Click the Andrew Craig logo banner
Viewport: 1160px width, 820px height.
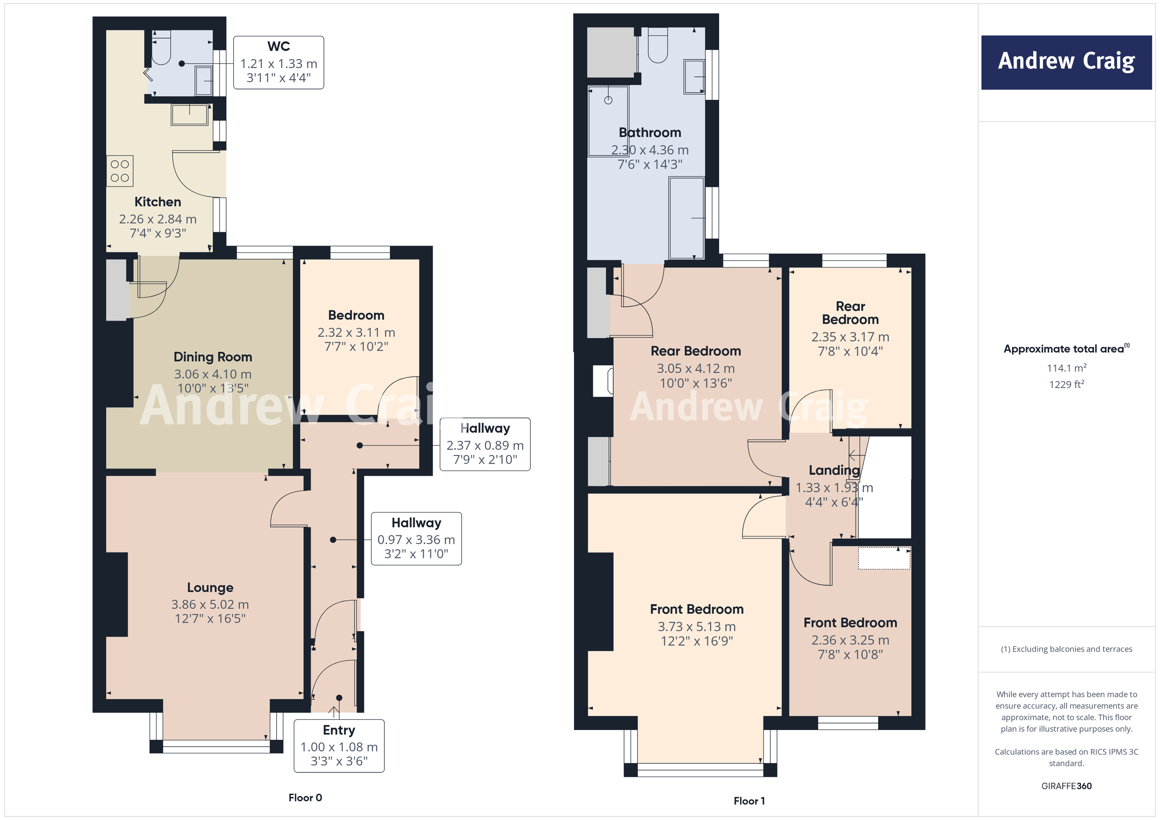pos(1066,62)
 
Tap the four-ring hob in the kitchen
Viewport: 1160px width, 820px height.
pos(120,171)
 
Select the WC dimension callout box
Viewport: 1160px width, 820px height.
pos(278,63)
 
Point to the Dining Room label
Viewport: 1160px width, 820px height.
pos(213,357)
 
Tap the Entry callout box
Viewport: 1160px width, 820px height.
pos(339,746)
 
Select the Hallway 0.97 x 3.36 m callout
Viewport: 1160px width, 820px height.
pos(416,539)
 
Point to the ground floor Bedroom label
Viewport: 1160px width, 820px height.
pos(356,315)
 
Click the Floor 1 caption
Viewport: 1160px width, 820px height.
pos(749,801)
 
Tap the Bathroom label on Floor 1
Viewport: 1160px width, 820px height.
pos(650,133)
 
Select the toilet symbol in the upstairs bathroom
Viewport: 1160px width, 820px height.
pos(658,46)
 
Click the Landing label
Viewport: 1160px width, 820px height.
pos(834,470)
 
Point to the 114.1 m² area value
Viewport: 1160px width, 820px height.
pos(1066,368)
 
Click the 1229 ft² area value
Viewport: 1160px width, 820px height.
pos(1066,384)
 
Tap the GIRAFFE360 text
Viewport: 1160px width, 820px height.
pos(1066,786)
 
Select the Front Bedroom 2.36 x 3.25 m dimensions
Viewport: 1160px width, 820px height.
pos(850,640)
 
